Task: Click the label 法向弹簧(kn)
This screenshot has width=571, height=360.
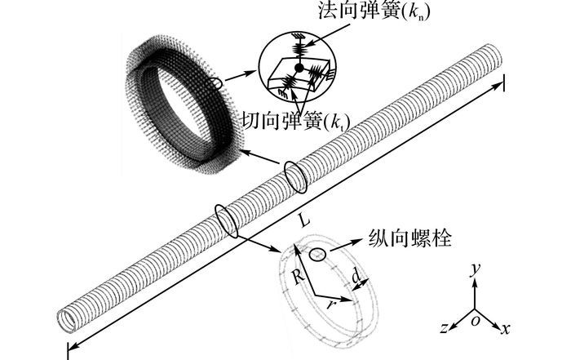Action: point(374,11)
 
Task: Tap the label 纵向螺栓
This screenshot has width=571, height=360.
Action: point(410,238)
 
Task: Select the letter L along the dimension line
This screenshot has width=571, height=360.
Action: point(305,220)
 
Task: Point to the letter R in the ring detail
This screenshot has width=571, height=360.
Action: point(299,277)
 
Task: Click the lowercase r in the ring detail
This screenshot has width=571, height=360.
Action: point(330,304)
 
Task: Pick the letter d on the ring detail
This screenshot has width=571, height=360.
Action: point(356,277)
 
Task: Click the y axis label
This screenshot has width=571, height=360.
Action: point(475,270)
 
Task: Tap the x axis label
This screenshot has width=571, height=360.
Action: point(505,329)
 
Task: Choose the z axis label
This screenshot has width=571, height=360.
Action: point(444,328)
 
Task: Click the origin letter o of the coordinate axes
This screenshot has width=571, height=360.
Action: point(476,322)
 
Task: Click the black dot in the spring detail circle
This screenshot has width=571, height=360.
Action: point(299,68)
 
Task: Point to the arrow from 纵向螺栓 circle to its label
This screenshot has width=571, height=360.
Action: point(347,245)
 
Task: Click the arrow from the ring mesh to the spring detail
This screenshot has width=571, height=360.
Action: point(241,76)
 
